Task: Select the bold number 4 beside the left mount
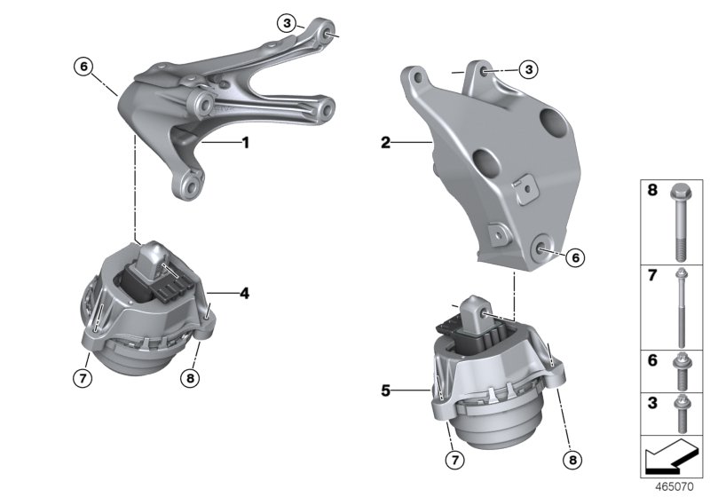point(244,290)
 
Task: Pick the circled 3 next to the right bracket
point(528,67)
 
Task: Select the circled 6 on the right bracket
point(574,256)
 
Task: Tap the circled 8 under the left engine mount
point(191,378)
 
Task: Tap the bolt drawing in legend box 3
point(680,410)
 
